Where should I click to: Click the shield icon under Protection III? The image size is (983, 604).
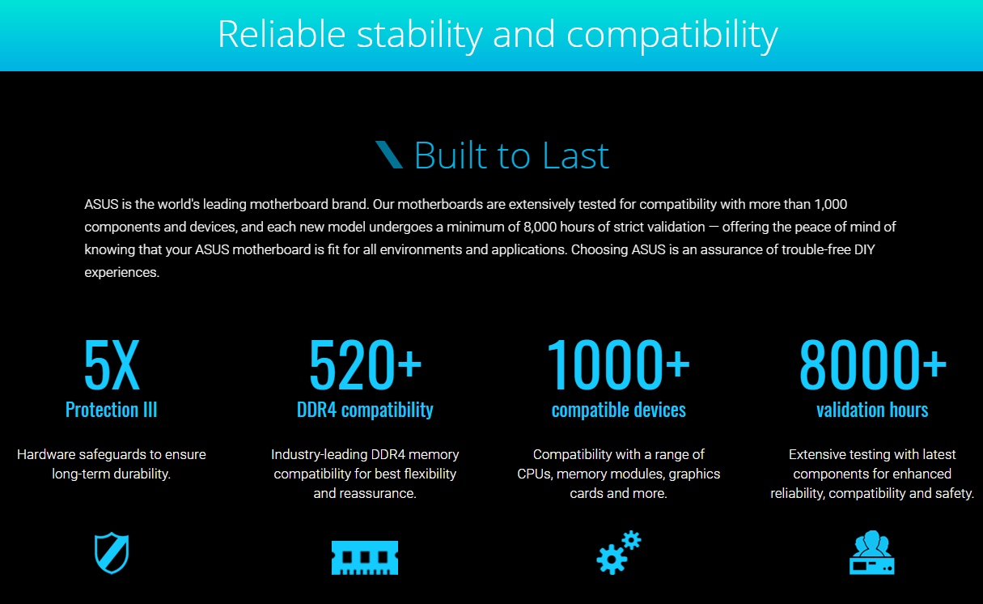click(x=112, y=553)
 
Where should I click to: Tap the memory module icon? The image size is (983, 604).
click(x=365, y=557)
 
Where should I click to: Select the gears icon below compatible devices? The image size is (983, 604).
click(x=618, y=553)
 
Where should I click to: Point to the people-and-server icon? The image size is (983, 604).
click(x=871, y=553)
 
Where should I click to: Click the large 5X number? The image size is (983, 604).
click(x=112, y=364)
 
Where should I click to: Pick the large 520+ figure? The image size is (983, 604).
click(x=365, y=364)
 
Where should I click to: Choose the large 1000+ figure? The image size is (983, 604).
click(x=618, y=364)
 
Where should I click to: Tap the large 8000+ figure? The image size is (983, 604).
click(x=872, y=364)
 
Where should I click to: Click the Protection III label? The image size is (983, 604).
click(x=111, y=410)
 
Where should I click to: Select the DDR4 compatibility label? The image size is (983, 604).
click(x=365, y=410)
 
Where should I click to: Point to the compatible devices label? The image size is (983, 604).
click(x=618, y=410)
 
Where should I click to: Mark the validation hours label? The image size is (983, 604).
click(x=872, y=410)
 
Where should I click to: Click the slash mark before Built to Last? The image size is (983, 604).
click(x=389, y=155)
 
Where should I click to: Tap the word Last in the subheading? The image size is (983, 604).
click(x=576, y=155)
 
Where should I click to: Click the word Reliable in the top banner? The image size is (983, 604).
click(x=282, y=34)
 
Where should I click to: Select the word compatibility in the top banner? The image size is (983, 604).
click(x=672, y=35)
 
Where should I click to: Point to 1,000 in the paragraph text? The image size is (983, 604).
click(x=831, y=204)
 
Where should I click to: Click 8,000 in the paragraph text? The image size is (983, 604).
click(x=540, y=227)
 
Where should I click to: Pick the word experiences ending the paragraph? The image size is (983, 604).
click(x=121, y=272)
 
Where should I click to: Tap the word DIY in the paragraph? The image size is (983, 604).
click(x=864, y=249)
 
